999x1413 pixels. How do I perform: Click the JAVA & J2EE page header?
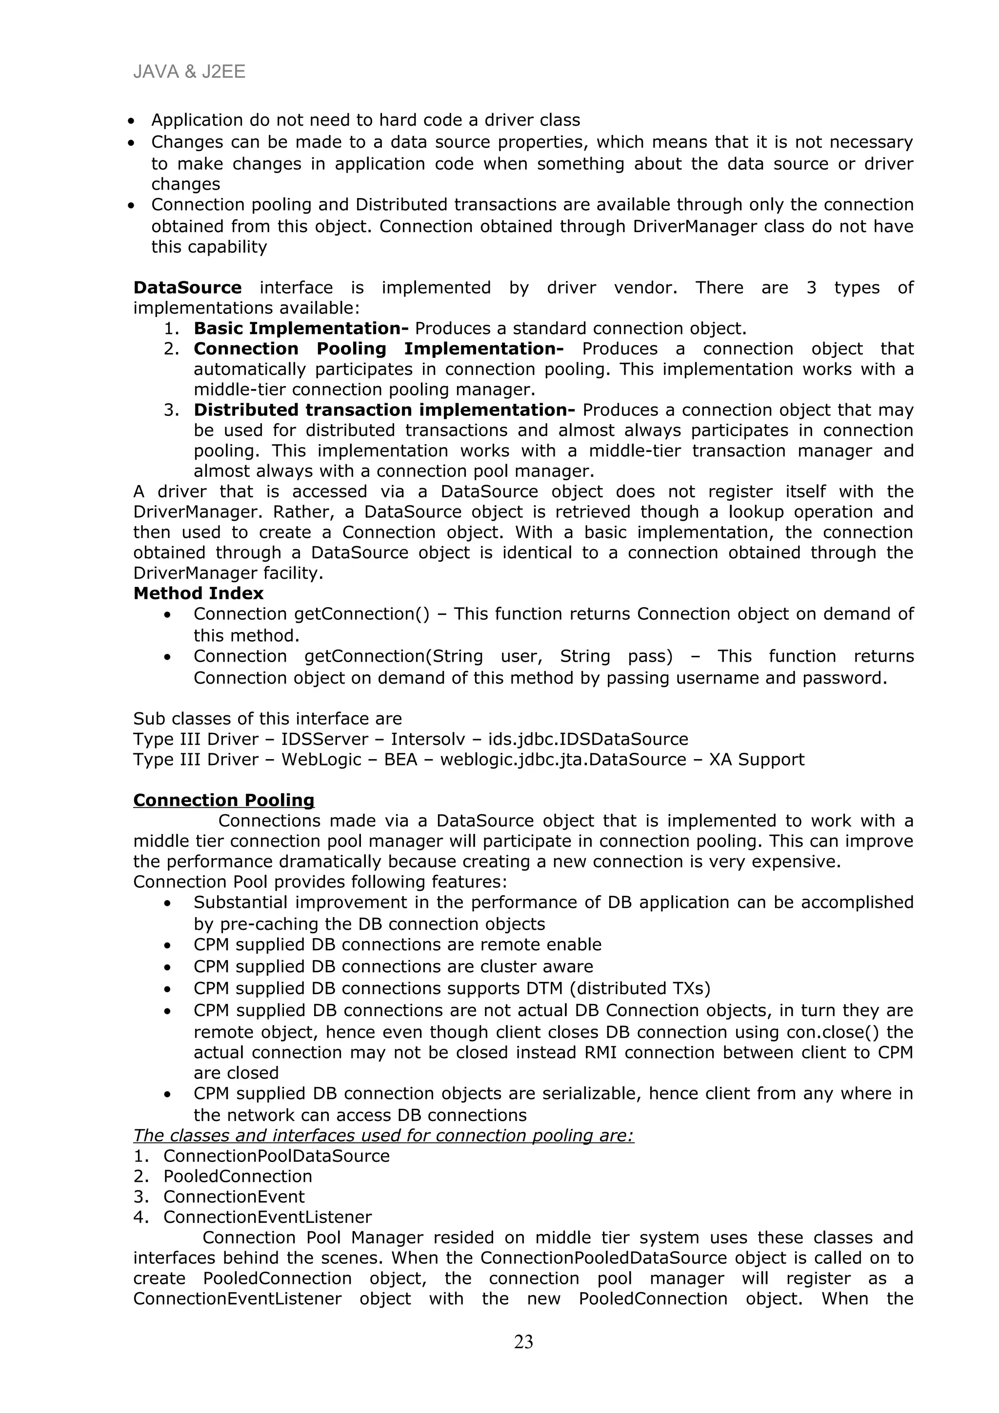[189, 73]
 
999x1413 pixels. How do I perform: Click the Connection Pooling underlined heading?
[223, 800]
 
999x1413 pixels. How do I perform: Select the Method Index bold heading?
[198, 593]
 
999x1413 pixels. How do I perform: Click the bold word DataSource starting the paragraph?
[187, 287]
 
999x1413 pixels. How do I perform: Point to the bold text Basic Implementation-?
[300, 328]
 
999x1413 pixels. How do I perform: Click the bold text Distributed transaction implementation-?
[384, 410]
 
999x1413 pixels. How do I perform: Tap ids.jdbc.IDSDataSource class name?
[588, 739]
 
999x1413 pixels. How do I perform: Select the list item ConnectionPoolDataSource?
[277, 1156]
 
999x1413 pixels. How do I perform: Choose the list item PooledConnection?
[238, 1176]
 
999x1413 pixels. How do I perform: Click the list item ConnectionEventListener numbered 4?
[267, 1217]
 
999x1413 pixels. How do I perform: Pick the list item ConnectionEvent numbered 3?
[234, 1197]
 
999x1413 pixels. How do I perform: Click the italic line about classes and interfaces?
[383, 1136]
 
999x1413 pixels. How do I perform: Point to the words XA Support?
[757, 760]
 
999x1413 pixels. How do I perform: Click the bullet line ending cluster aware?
[393, 967]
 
